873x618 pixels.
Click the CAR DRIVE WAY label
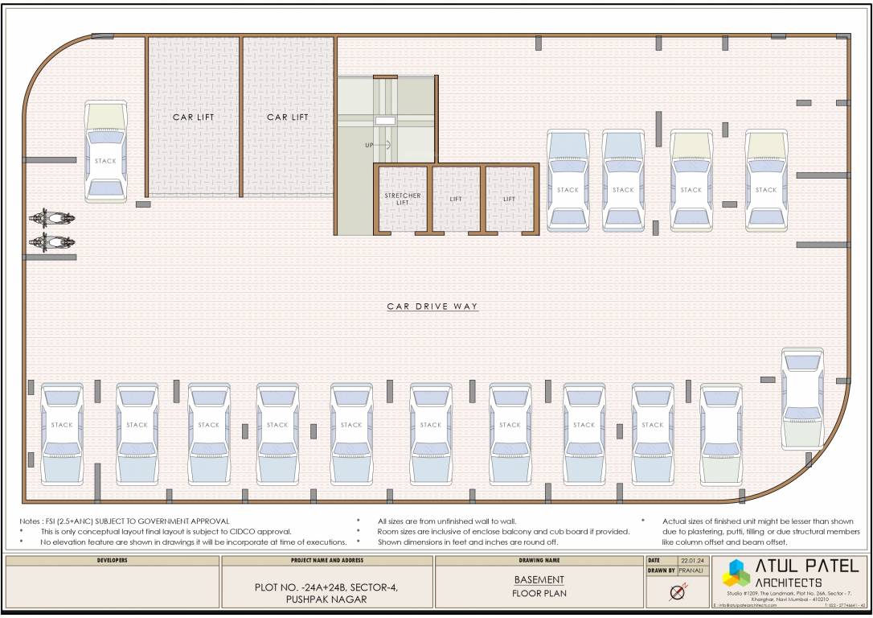[432, 307]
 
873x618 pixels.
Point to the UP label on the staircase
[369, 145]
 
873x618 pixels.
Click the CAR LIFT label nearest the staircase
[288, 117]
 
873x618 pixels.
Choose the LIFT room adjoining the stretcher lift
[456, 199]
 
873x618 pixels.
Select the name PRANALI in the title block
[691, 571]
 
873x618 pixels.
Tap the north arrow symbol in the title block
[677, 593]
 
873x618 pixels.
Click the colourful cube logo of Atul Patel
[736, 574]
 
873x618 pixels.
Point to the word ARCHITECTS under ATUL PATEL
[788, 582]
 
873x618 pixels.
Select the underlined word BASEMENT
[539, 579]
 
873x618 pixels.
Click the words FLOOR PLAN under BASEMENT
[539, 594]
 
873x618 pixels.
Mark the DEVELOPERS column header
[112, 560]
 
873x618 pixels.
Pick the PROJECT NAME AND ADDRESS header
[326, 560]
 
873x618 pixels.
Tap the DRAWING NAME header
[539, 560]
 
